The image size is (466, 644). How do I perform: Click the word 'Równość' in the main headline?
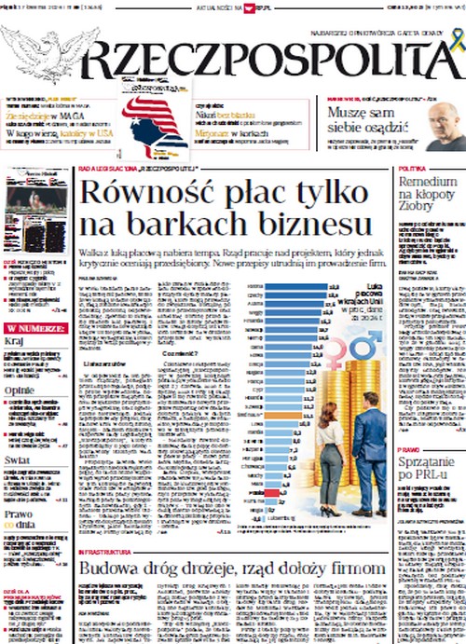coord(141,192)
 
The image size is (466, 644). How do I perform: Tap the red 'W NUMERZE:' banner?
coord(35,328)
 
